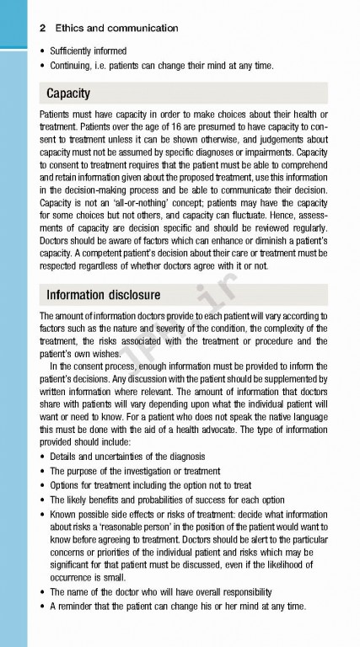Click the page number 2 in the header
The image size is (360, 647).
coord(42,27)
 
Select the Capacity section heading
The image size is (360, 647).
coord(68,93)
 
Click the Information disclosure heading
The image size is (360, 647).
coord(103,295)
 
